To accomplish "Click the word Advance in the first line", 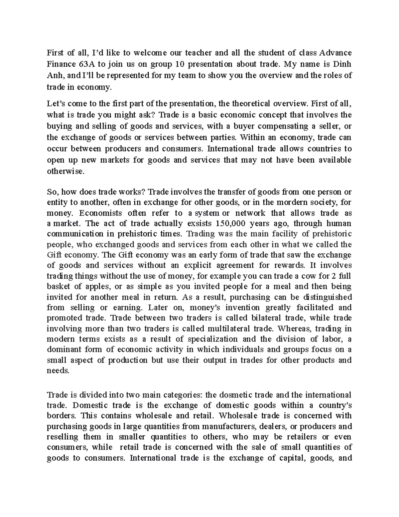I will [x=336, y=53].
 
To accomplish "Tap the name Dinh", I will [x=343, y=64].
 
